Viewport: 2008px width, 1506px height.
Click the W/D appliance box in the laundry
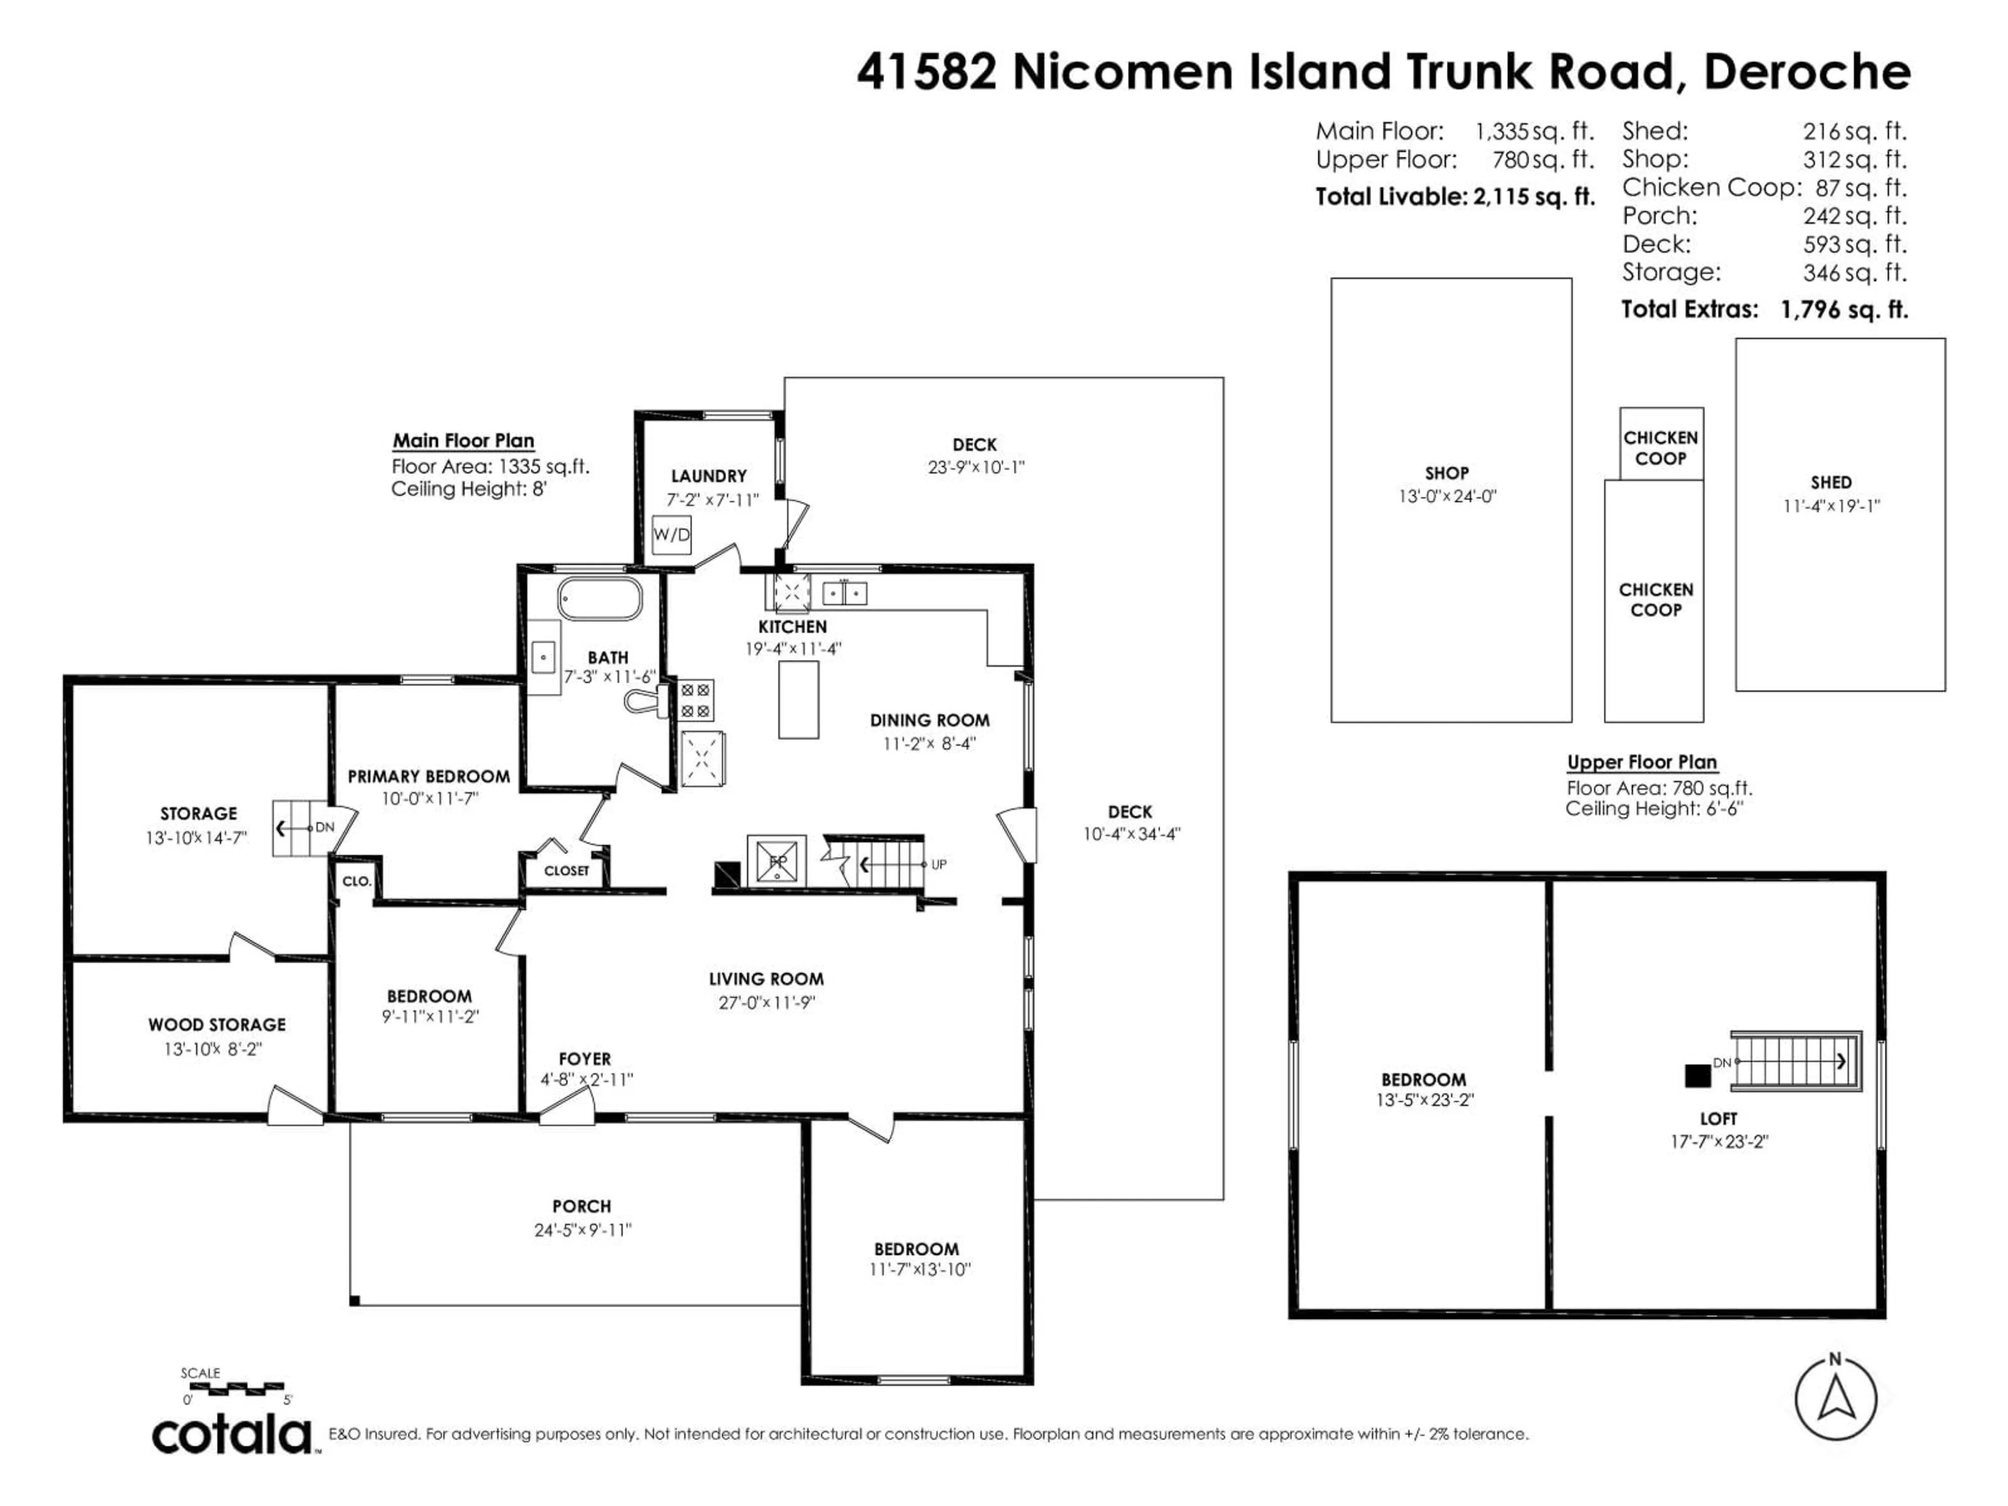[x=672, y=534]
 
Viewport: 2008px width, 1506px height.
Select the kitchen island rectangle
[x=799, y=700]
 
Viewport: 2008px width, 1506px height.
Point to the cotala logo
[x=232, y=1435]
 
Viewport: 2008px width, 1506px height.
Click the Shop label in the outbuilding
[x=1446, y=473]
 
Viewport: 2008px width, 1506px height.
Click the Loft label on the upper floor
[x=1718, y=1119]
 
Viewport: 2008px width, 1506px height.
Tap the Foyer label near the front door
[x=585, y=1058]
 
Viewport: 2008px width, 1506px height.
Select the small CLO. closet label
[x=357, y=881]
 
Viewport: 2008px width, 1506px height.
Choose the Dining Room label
[x=930, y=721]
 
